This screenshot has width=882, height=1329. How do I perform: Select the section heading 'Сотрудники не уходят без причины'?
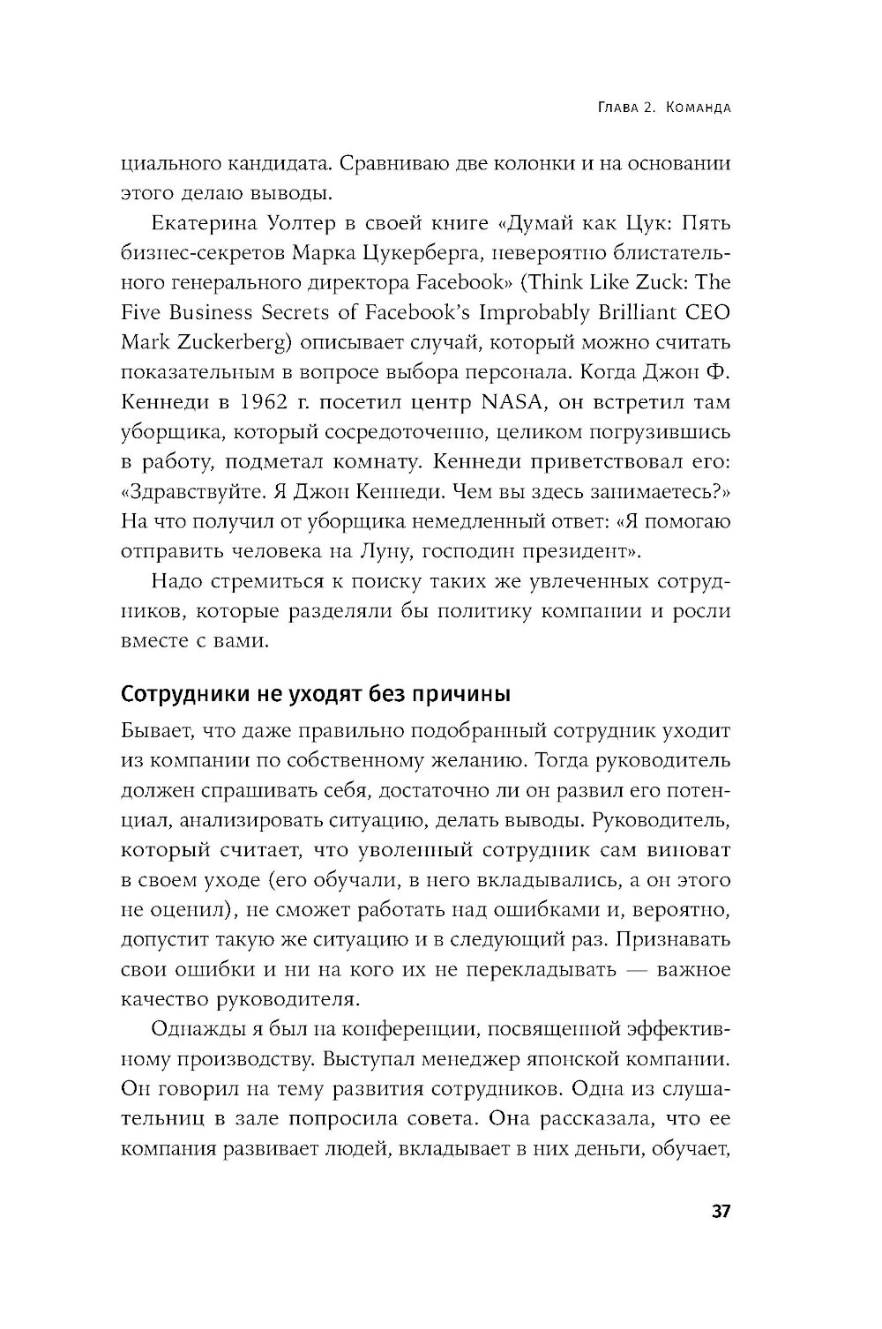(315, 693)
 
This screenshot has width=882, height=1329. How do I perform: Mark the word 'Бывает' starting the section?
(154, 731)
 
